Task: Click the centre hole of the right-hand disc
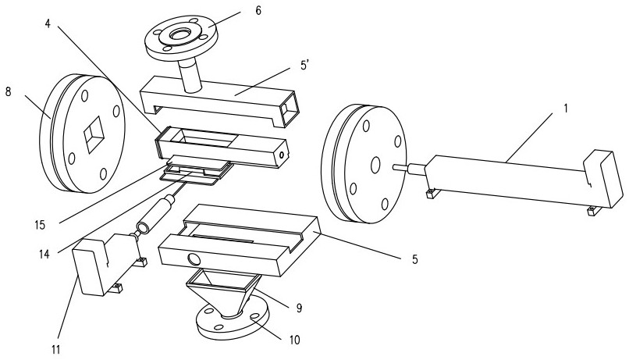[x=375, y=165]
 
